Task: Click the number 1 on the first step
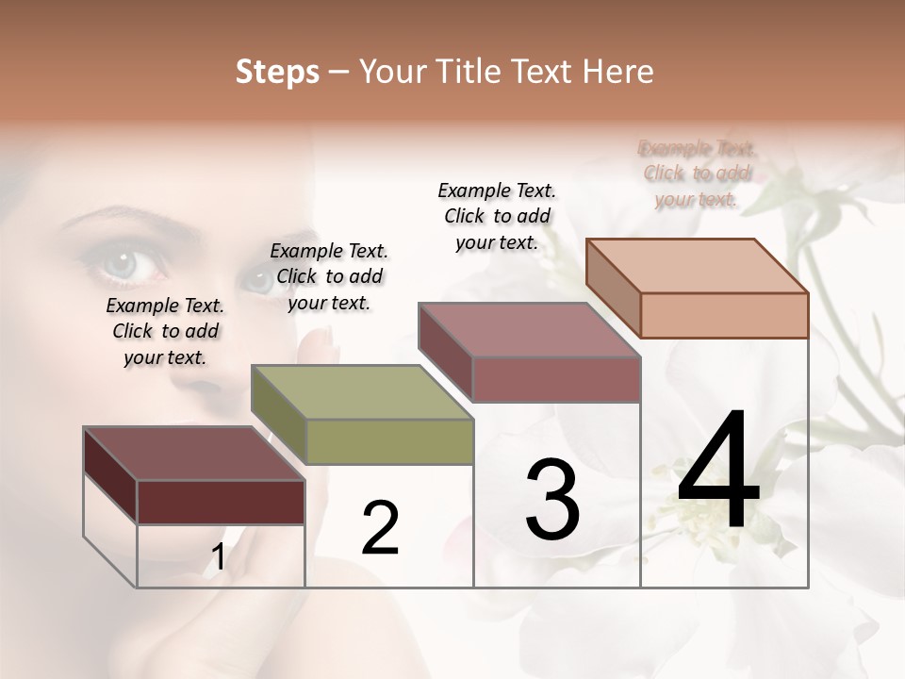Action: coord(219,558)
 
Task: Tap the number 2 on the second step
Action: coord(381,528)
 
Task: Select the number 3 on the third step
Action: coord(552,500)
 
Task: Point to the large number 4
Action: coord(718,471)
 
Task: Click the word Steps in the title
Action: coord(277,72)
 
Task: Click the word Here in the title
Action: coord(617,72)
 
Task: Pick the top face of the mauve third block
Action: coord(529,330)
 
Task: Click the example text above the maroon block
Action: coord(165,331)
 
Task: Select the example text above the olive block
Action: coord(329,276)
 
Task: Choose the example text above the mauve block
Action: coord(497,216)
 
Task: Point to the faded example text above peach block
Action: coord(697,174)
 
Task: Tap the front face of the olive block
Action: coord(389,441)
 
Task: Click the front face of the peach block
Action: coord(724,314)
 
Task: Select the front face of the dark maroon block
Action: coord(221,502)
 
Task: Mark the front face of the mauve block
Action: coord(556,379)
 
